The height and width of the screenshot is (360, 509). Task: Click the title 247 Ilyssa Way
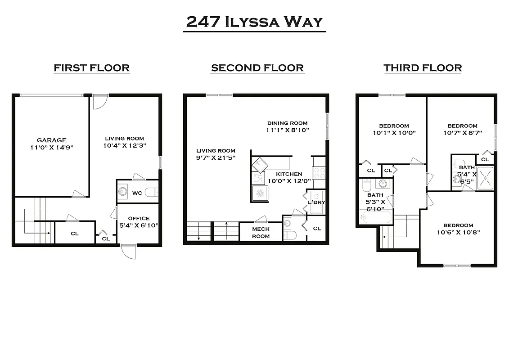click(x=254, y=22)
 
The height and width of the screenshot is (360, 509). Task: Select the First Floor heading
click(x=91, y=68)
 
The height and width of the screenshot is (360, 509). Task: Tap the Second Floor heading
click(x=257, y=68)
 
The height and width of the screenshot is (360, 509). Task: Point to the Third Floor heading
click(x=423, y=68)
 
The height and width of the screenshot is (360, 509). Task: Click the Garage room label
click(x=51, y=140)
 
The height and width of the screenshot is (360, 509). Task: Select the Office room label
click(x=139, y=218)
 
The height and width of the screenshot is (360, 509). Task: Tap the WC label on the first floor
click(x=137, y=193)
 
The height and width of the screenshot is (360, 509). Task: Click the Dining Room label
click(x=287, y=123)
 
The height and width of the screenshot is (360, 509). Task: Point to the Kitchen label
click(x=289, y=174)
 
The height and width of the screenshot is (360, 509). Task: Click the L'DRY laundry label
click(x=316, y=202)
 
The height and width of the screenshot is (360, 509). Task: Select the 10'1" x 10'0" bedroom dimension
click(x=394, y=133)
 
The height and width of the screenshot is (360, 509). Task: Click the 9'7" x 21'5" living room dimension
click(x=216, y=157)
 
